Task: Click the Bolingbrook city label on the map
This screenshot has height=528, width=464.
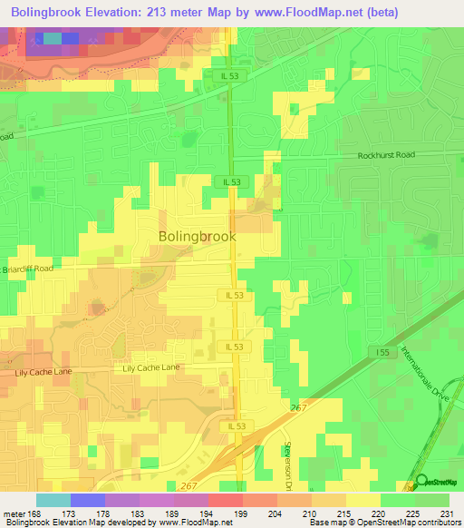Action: pos(197,236)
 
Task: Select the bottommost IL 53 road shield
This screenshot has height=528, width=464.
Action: pos(237,425)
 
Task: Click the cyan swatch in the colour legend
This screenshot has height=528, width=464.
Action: pos(53,500)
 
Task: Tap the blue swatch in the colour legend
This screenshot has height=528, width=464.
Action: pos(87,500)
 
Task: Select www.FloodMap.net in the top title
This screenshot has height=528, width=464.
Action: pos(300,12)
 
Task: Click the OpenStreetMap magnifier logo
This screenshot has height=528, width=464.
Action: pos(421,481)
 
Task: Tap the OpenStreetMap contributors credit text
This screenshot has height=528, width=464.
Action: pos(409,523)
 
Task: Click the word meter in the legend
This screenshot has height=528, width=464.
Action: pos(14,514)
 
